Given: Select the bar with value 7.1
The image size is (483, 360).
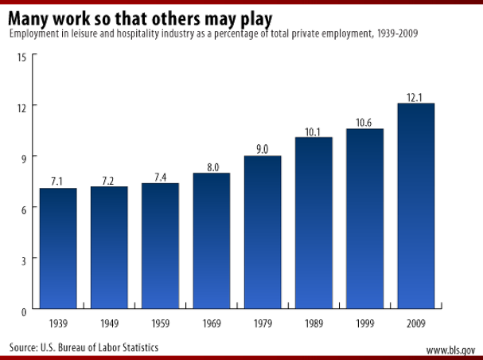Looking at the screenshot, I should [x=58, y=248].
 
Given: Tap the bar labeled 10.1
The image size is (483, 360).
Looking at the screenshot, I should [x=314, y=223].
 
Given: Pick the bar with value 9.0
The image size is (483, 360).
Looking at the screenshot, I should [x=263, y=232].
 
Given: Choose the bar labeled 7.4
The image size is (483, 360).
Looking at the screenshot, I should [x=160, y=245].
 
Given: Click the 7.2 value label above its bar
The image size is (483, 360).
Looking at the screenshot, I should [x=109, y=181].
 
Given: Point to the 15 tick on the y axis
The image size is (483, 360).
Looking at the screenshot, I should [x=22, y=56].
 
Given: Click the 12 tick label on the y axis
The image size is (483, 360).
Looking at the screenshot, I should [x=22, y=107].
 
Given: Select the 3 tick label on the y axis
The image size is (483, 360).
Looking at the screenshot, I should [x=23, y=260].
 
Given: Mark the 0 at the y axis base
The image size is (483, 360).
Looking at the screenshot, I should [x=23, y=310].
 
